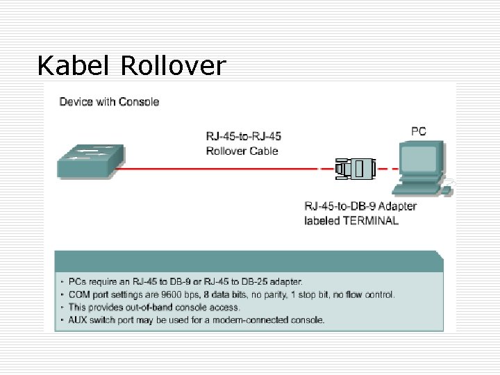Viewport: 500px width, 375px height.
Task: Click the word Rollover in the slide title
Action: (x=173, y=66)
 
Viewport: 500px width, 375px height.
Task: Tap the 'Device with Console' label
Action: (x=109, y=102)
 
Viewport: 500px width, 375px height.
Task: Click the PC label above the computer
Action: (x=419, y=131)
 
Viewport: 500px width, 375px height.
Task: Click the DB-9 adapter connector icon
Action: (x=355, y=168)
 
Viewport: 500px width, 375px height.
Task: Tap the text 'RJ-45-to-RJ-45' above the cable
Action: (x=244, y=136)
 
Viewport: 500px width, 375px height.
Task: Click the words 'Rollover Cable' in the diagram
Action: (x=242, y=151)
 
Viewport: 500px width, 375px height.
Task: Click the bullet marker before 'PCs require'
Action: (x=62, y=282)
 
